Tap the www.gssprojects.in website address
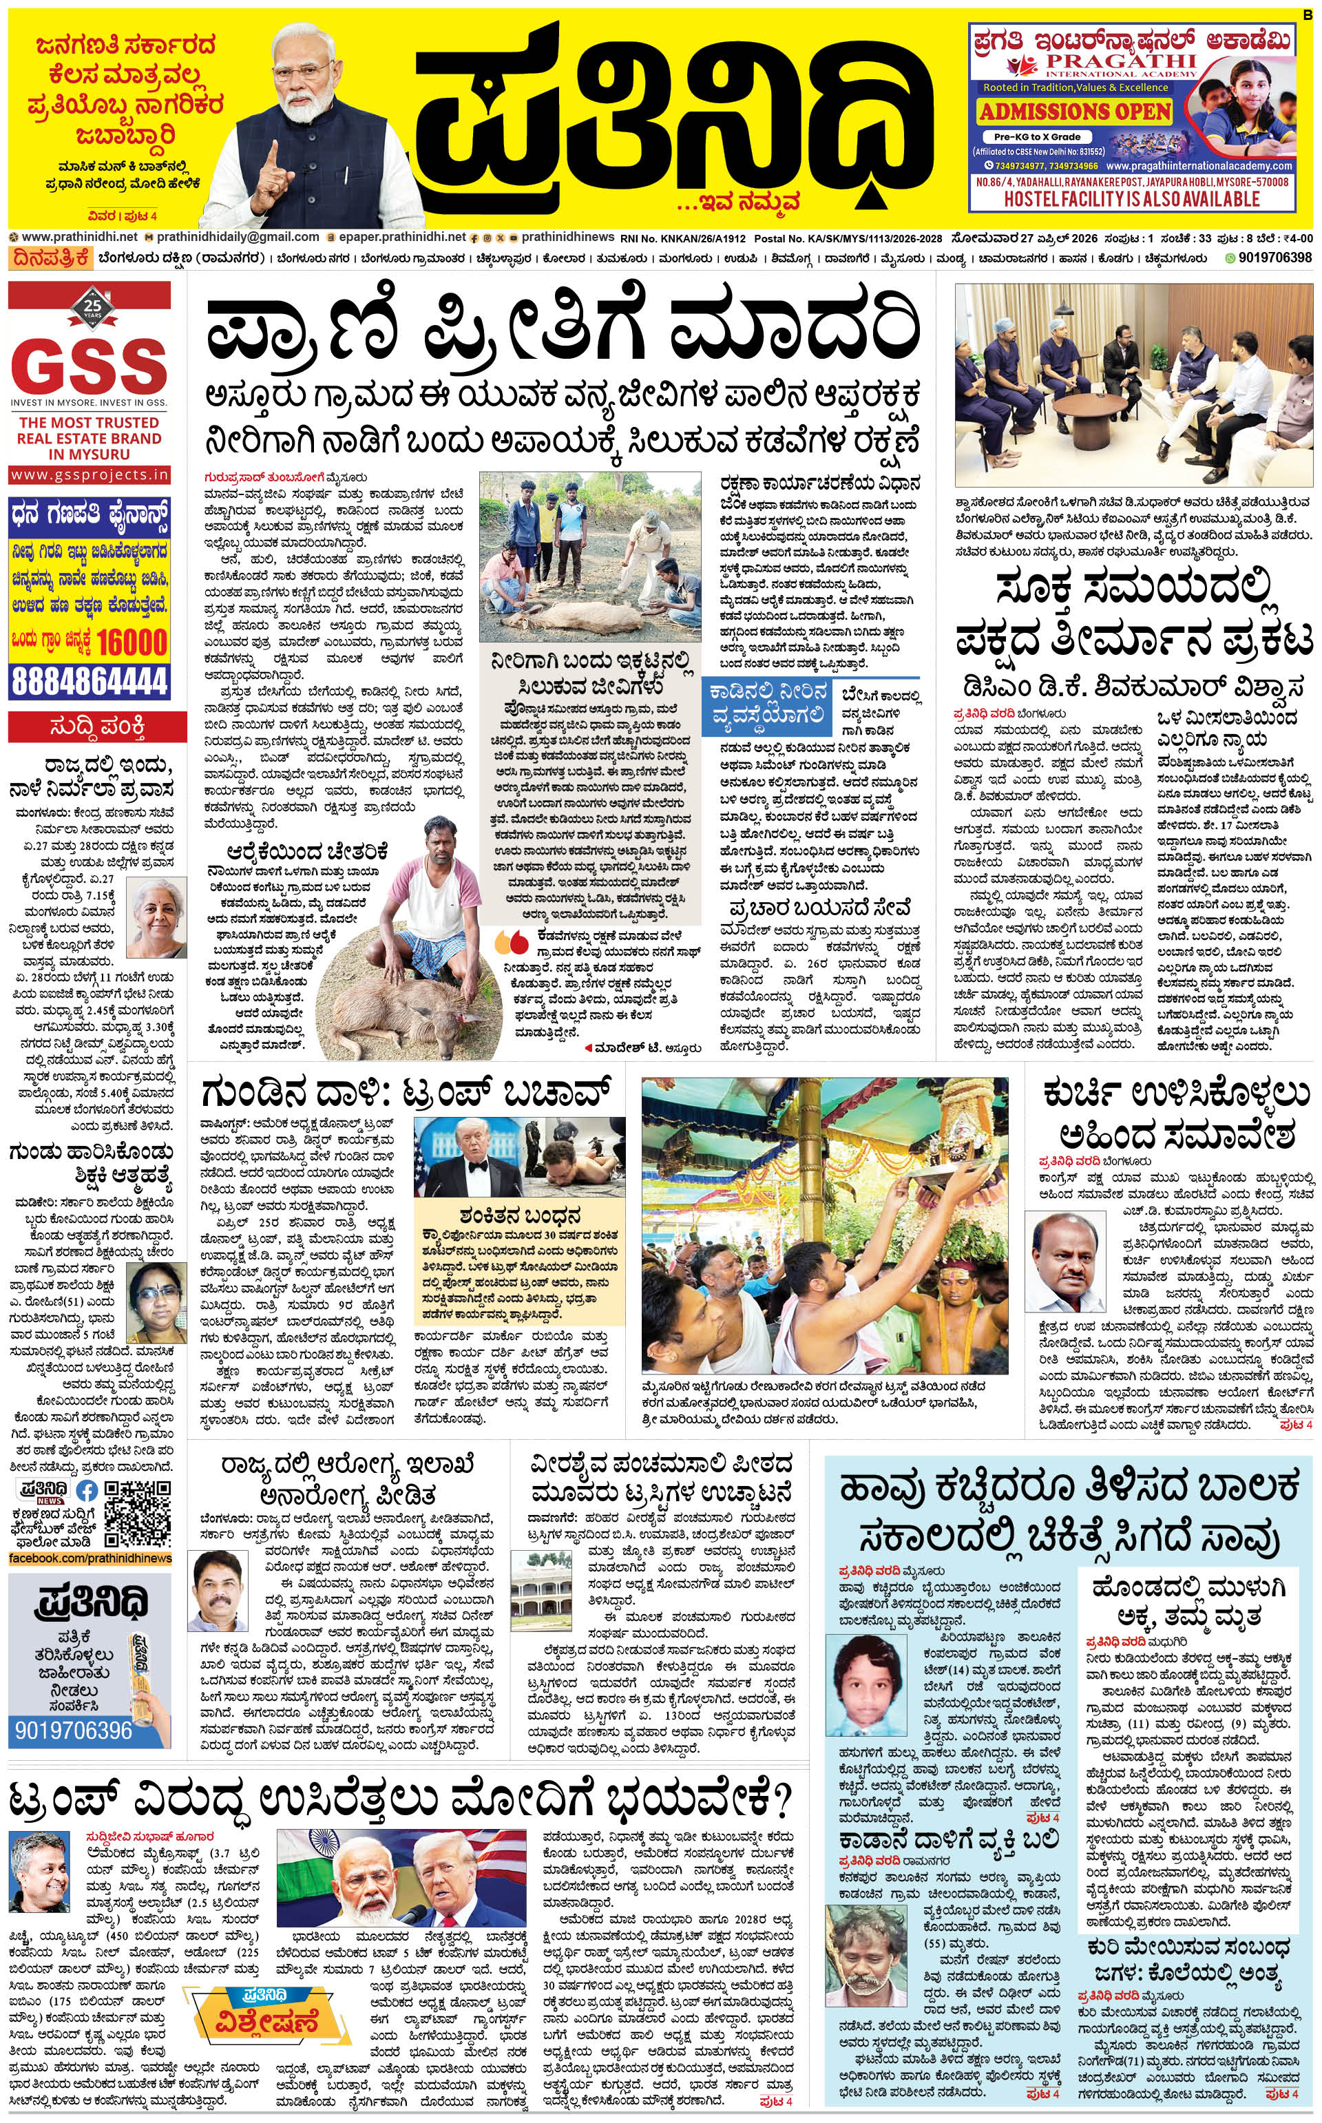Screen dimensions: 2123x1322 (x=90, y=474)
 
